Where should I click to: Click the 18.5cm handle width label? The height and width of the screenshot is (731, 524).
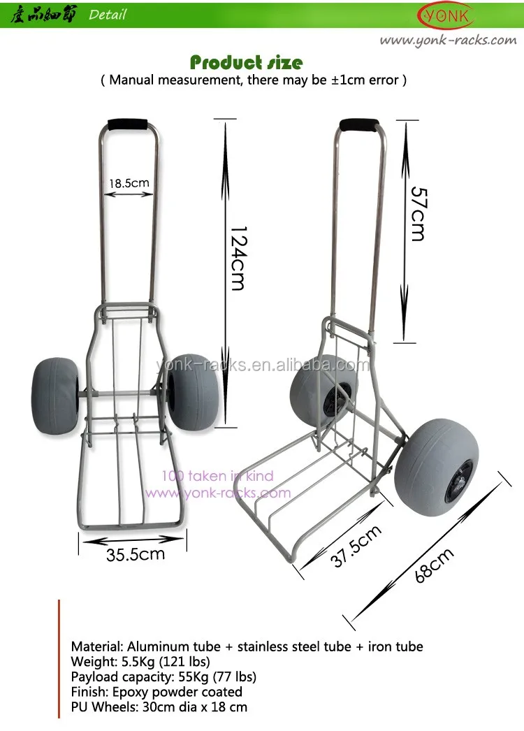129,184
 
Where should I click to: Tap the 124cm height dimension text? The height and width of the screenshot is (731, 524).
238,258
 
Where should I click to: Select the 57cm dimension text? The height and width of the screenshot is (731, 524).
416,213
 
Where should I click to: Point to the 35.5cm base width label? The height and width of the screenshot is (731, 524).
136,555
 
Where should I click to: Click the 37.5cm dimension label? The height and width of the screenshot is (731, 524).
356,547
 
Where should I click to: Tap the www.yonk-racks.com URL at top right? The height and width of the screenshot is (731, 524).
448,40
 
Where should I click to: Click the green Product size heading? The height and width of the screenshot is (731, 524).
246,62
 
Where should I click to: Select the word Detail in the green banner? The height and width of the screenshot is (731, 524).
108,14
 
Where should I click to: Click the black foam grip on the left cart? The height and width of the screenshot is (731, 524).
127,124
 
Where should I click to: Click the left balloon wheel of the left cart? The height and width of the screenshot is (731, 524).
55,395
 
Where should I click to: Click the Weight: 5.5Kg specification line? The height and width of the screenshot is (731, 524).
140,662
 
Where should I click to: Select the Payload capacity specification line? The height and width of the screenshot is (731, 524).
163,676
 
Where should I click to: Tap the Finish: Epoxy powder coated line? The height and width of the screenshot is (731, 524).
157,692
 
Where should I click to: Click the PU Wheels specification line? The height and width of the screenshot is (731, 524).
159,707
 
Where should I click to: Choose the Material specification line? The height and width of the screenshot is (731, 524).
247,646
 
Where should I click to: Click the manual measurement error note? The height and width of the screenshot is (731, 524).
254,80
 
